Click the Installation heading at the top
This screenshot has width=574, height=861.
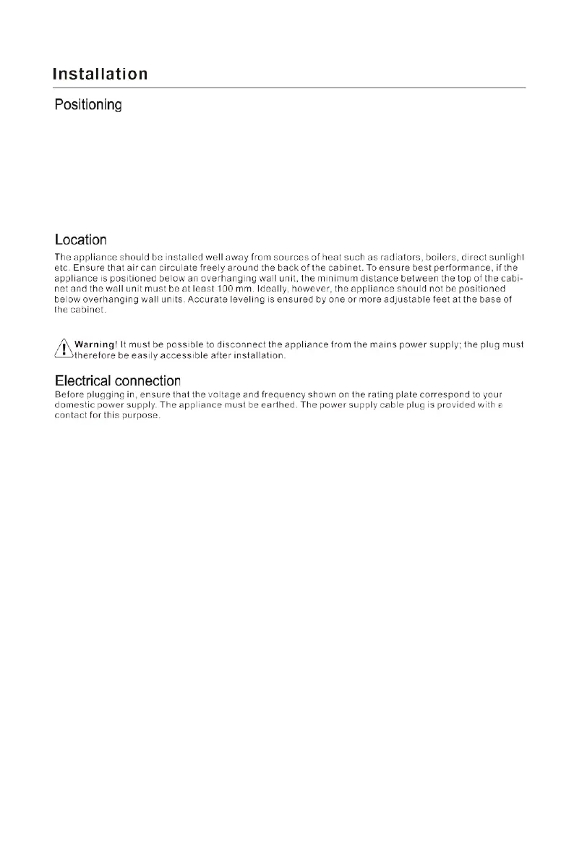tap(100, 74)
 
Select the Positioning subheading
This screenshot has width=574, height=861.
tap(88, 106)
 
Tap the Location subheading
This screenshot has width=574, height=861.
tap(81, 239)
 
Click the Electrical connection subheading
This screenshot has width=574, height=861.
tap(118, 381)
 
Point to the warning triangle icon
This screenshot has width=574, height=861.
tap(64, 349)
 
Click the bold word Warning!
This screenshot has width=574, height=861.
tap(96, 344)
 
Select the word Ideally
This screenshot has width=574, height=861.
tap(262, 288)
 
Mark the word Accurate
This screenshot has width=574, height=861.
tap(209, 299)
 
